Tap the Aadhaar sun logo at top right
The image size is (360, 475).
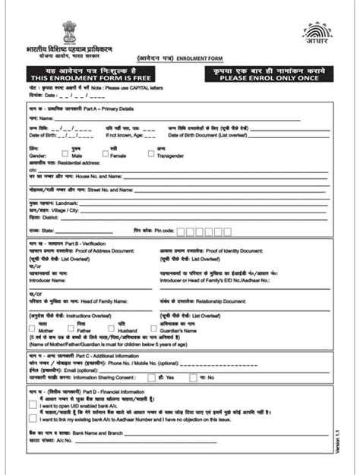317,34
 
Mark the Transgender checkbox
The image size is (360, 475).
151,153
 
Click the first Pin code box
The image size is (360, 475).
182,231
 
